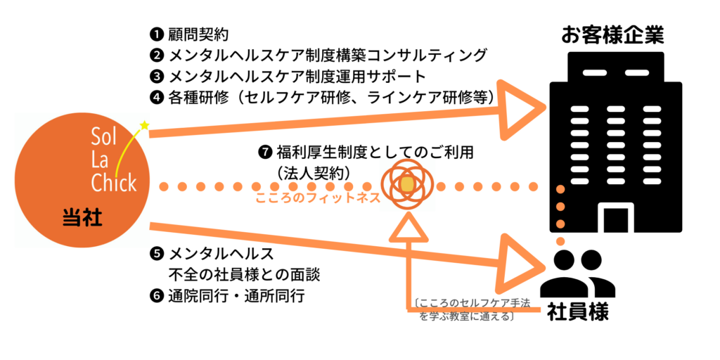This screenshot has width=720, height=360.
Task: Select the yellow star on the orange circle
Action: tap(145, 126)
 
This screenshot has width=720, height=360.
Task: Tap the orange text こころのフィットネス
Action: tap(317, 199)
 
